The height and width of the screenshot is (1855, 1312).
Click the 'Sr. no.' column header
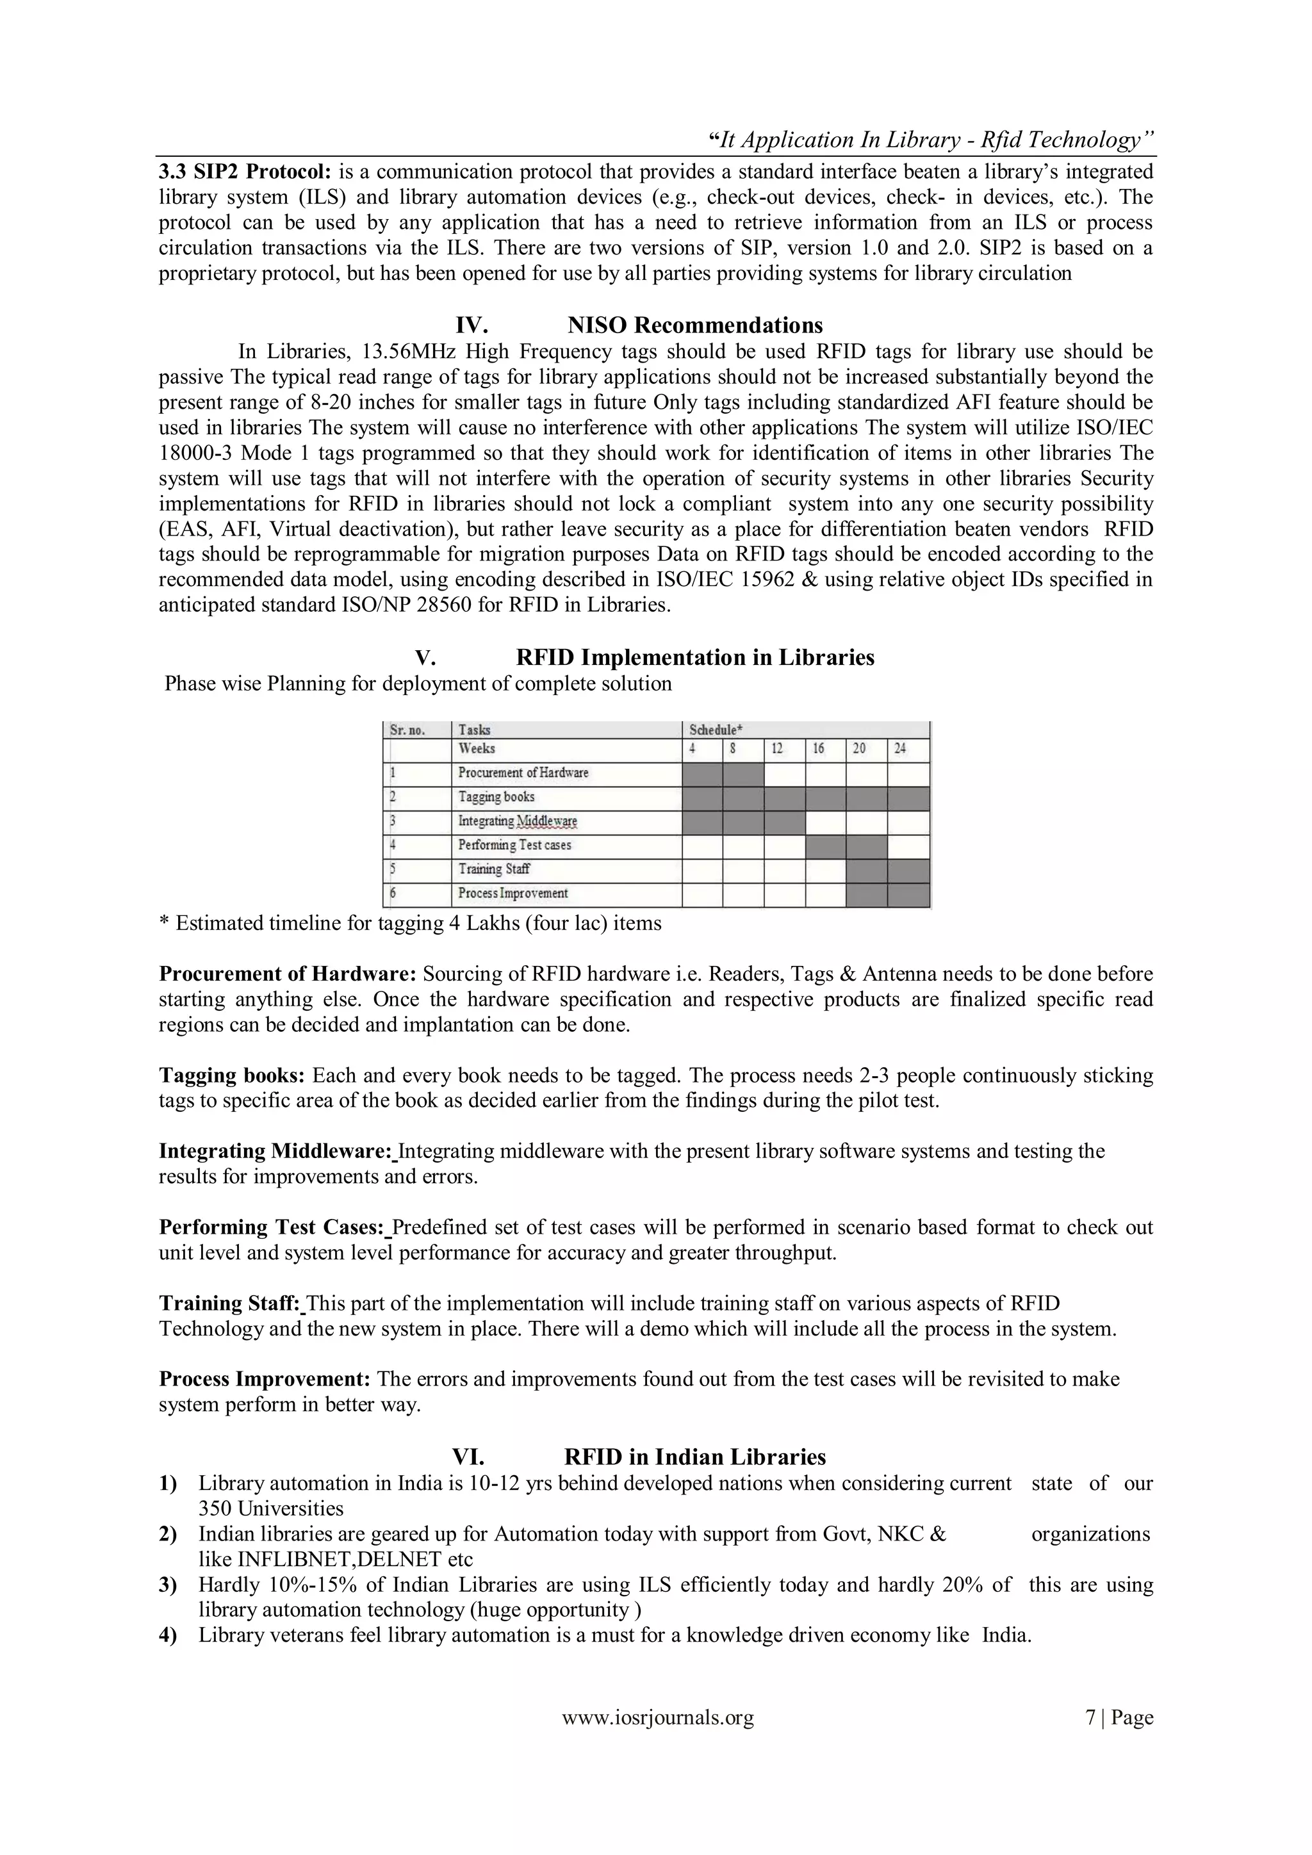click(x=408, y=730)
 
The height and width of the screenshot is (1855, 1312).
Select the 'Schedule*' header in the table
click(x=715, y=730)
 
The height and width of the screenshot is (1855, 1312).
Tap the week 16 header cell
click(x=818, y=749)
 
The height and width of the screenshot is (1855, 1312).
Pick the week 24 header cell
click(x=900, y=749)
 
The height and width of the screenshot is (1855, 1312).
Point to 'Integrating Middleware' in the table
click(x=517, y=822)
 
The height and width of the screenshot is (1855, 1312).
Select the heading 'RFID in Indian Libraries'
click(x=695, y=1457)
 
